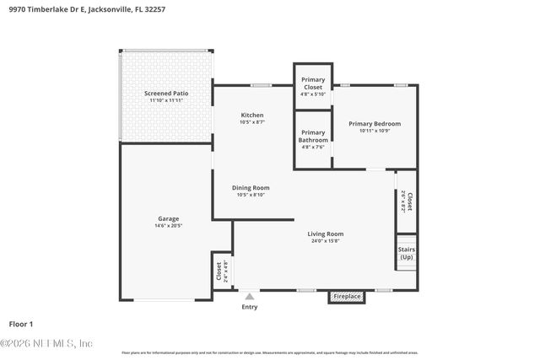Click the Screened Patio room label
[166, 93]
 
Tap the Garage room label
[168, 218]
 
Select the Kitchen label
[252, 115]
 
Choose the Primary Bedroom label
[375, 124]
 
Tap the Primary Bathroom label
[313, 136]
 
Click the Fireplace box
[347, 297]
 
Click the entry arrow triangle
[249, 297]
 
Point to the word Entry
[250, 307]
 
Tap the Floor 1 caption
[20, 324]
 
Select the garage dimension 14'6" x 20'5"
[168, 226]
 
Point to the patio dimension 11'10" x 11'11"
[166, 100]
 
